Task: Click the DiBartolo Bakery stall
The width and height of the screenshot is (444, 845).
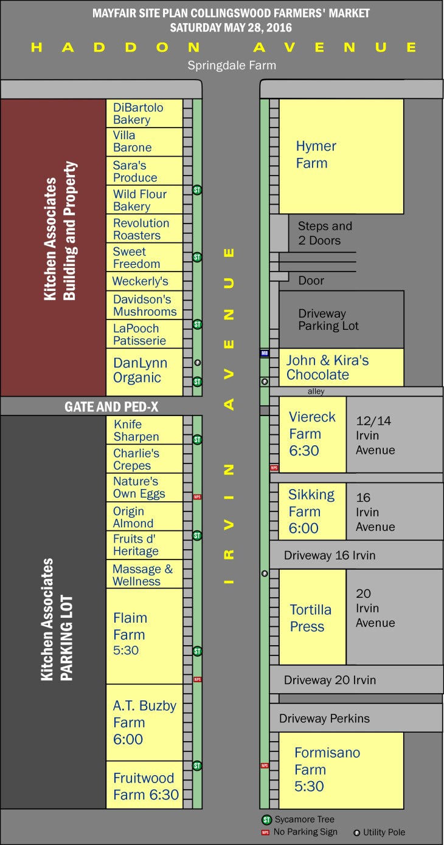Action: tap(144, 114)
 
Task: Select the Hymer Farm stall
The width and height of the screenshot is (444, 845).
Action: tap(341, 156)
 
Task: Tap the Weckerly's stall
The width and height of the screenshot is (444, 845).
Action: tap(144, 281)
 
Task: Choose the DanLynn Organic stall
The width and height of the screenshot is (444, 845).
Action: tap(144, 371)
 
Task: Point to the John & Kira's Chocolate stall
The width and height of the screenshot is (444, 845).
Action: tap(341, 368)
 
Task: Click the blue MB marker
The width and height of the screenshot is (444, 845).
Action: tap(265, 353)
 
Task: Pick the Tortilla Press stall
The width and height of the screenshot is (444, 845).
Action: tap(312, 617)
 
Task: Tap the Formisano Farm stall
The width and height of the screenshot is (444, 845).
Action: tap(341, 770)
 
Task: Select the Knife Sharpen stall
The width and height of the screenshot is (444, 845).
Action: tap(144, 430)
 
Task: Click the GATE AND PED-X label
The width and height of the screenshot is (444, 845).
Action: tap(111, 406)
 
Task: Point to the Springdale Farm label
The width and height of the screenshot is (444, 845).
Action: tap(231, 65)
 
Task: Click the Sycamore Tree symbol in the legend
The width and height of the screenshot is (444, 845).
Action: tap(266, 819)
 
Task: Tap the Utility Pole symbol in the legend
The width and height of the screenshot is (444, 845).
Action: tap(356, 832)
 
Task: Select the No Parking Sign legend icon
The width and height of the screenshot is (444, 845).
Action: tap(265, 832)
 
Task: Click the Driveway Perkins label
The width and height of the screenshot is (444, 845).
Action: tap(324, 719)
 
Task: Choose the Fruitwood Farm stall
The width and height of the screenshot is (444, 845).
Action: tap(144, 786)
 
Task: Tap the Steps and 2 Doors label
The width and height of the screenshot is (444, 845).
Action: tap(325, 233)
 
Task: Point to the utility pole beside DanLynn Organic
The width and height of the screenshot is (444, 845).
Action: tap(197, 363)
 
